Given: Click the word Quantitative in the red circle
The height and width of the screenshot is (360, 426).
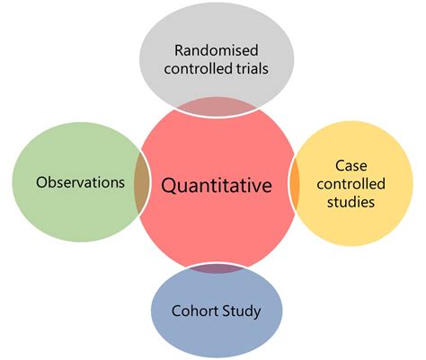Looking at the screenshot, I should (x=216, y=187).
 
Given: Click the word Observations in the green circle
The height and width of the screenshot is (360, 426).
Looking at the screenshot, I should (x=80, y=182).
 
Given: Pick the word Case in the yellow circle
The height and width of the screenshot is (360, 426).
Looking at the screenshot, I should (x=351, y=166).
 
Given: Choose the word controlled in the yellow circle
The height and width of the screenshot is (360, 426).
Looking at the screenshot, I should (x=351, y=184).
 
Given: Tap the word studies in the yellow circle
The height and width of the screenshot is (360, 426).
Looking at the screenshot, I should (x=351, y=203).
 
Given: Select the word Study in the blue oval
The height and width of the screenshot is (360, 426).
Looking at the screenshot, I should (x=243, y=312).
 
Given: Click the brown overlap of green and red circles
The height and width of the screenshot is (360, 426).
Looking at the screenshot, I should (x=141, y=181).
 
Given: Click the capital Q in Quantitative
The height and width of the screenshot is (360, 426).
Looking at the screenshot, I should (x=168, y=186).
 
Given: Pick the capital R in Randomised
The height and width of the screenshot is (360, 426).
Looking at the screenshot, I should (x=179, y=50).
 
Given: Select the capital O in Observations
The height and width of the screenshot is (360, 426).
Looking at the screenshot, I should (x=41, y=182).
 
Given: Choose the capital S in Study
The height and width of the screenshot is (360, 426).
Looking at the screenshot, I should (x=227, y=312).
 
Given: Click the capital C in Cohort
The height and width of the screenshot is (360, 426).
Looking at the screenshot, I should (x=174, y=312).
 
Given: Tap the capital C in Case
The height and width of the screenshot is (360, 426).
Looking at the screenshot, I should (x=340, y=166).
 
